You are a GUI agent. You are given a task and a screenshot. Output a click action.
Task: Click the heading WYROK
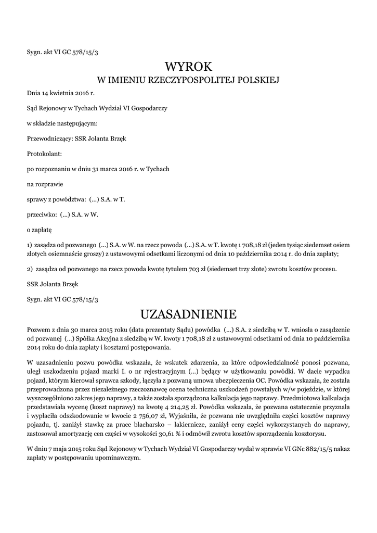[188, 67]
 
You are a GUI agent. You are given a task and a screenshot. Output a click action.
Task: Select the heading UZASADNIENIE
[188, 314]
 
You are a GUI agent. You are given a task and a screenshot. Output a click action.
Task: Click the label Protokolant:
[44, 154]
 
